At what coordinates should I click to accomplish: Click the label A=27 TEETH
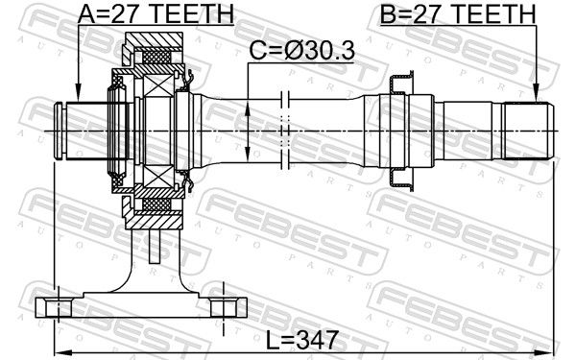point(156,13)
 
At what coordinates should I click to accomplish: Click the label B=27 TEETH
point(458,13)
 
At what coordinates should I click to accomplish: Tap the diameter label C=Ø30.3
point(302,50)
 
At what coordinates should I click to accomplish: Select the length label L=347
point(301,340)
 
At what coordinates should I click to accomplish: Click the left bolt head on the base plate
point(59,308)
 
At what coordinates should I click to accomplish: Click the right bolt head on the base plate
point(224,308)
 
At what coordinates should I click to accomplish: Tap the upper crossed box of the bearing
point(157,85)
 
